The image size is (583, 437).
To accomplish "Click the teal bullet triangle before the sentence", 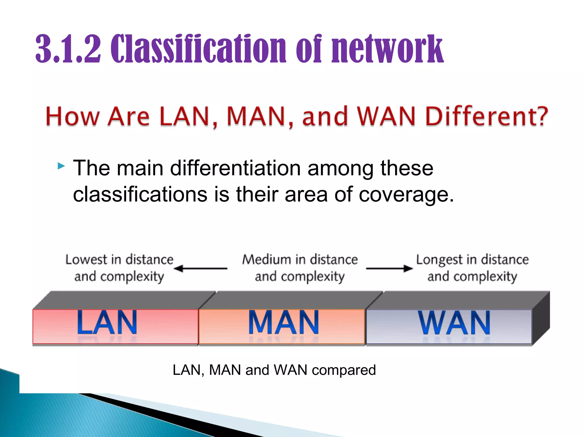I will (x=61, y=166).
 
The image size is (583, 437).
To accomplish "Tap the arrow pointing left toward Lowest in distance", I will (x=201, y=268).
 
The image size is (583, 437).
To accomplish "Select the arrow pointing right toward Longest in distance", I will (x=389, y=268).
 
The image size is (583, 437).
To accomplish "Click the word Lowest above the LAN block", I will (x=86, y=259).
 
